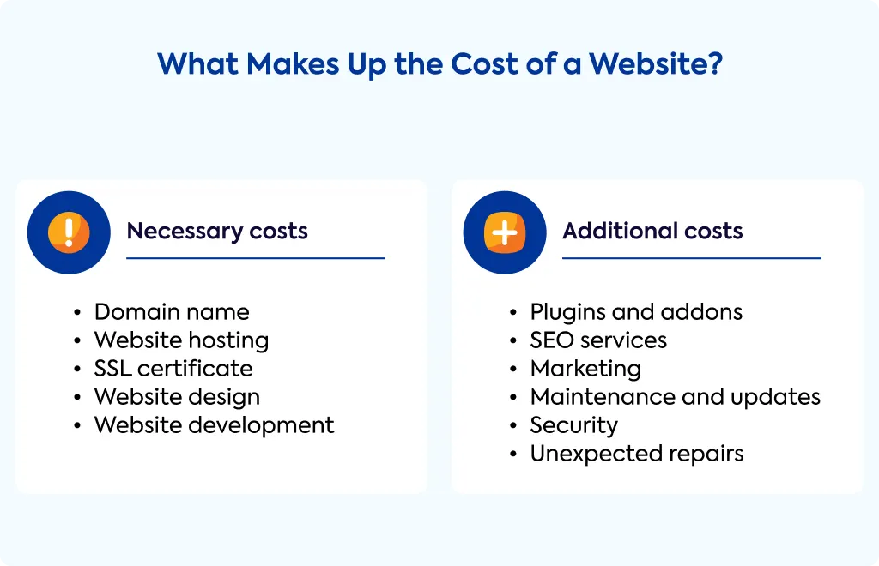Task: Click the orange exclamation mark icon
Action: point(69,232)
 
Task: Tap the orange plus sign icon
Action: point(505,232)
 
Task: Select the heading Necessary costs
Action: point(217,232)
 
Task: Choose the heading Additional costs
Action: point(652,231)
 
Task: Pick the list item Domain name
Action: point(172,312)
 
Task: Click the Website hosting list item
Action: point(182,340)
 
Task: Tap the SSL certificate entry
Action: point(173,369)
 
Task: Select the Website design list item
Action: point(177,397)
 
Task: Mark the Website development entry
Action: point(214,425)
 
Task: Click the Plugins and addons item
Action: point(636,312)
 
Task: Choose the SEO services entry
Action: point(598,340)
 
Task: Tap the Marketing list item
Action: point(585,369)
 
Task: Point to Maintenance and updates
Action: point(676,397)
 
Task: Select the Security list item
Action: point(574,425)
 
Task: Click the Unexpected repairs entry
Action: point(637,454)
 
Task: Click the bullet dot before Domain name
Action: point(77,312)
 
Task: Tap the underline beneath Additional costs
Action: point(692,258)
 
